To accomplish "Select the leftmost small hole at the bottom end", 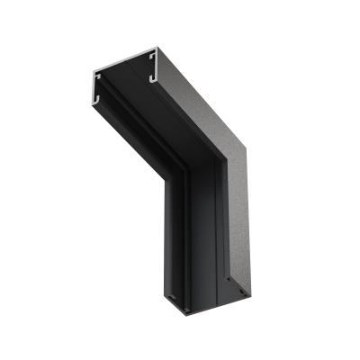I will tap(184, 309).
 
